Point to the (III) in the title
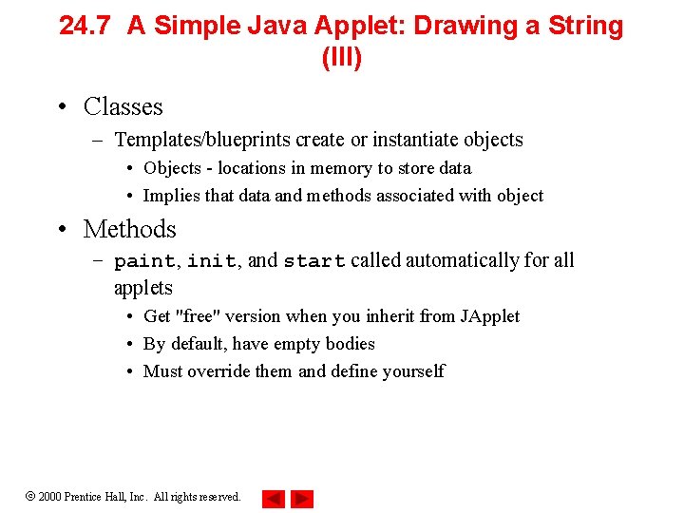click(341, 59)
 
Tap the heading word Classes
click(123, 106)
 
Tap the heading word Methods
click(129, 229)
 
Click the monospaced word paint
click(144, 261)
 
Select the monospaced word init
click(211, 261)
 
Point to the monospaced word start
click(314, 261)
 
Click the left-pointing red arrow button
click(274, 498)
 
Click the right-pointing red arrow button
click(302, 498)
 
